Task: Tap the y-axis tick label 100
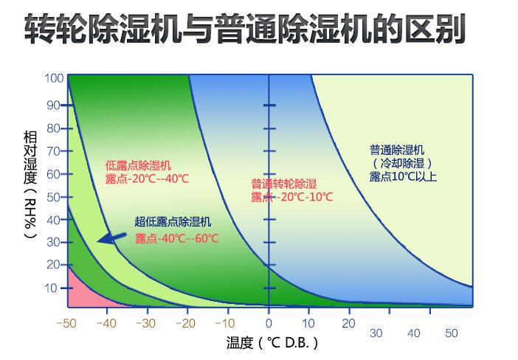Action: point(54,78)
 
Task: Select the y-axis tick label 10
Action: point(52,287)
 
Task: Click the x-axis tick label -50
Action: point(66,323)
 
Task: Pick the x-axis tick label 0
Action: point(269,323)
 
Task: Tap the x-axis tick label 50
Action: point(450,333)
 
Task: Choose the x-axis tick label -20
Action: point(188,323)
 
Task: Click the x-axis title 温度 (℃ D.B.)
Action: point(272,343)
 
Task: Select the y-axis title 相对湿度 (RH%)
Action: point(30,184)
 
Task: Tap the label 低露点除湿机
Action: point(138,165)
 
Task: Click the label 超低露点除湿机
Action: point(173,221)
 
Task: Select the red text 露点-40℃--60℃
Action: point(177,238)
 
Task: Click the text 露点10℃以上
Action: point(404,177)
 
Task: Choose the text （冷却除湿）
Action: point(403,163)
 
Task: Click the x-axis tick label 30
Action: point(376,333)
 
